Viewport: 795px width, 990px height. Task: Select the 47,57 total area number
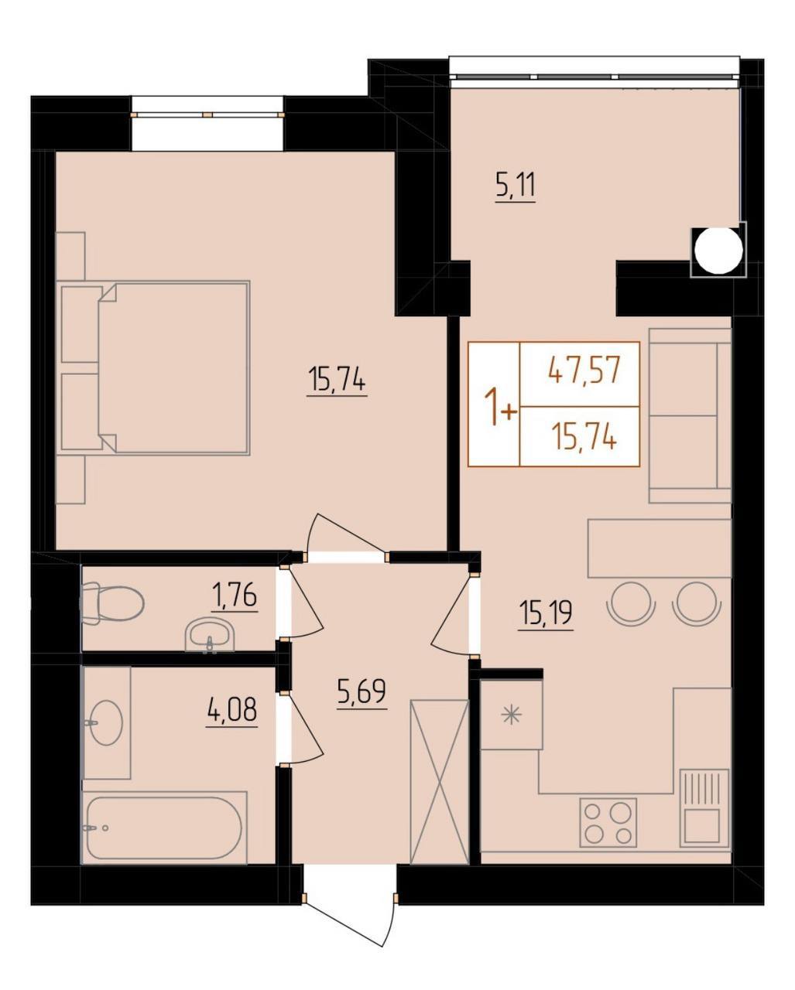click(x=583, y=371)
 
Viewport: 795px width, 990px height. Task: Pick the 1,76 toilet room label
click(x=235, y=597)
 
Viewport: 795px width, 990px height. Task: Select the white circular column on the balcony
click(x=718, y=250)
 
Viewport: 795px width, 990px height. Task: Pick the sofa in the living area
click(x=690, y=415)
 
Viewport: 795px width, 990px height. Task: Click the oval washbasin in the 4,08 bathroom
click(x=105, y=722)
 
